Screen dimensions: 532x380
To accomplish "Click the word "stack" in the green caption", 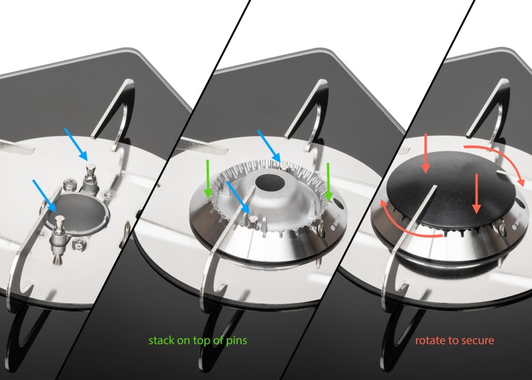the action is click(161, 340).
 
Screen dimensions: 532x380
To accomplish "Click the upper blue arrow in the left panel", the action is click(76, 144).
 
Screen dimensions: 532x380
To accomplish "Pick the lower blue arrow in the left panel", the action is click(45, 196).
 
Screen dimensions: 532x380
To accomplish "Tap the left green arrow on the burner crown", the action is click(208, 179).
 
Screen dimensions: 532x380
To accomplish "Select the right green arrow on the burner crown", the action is click(328, 182).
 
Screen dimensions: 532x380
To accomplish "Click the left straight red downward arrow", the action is click(426, 153).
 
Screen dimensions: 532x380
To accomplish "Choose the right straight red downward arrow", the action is click(477, 193).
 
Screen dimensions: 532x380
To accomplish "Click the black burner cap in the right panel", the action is click(451, 188).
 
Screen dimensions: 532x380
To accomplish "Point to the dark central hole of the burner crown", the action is click(270, 183).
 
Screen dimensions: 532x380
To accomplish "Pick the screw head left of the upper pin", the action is click(67, 186).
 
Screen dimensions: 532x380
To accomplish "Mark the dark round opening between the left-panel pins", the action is click(80, 212).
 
